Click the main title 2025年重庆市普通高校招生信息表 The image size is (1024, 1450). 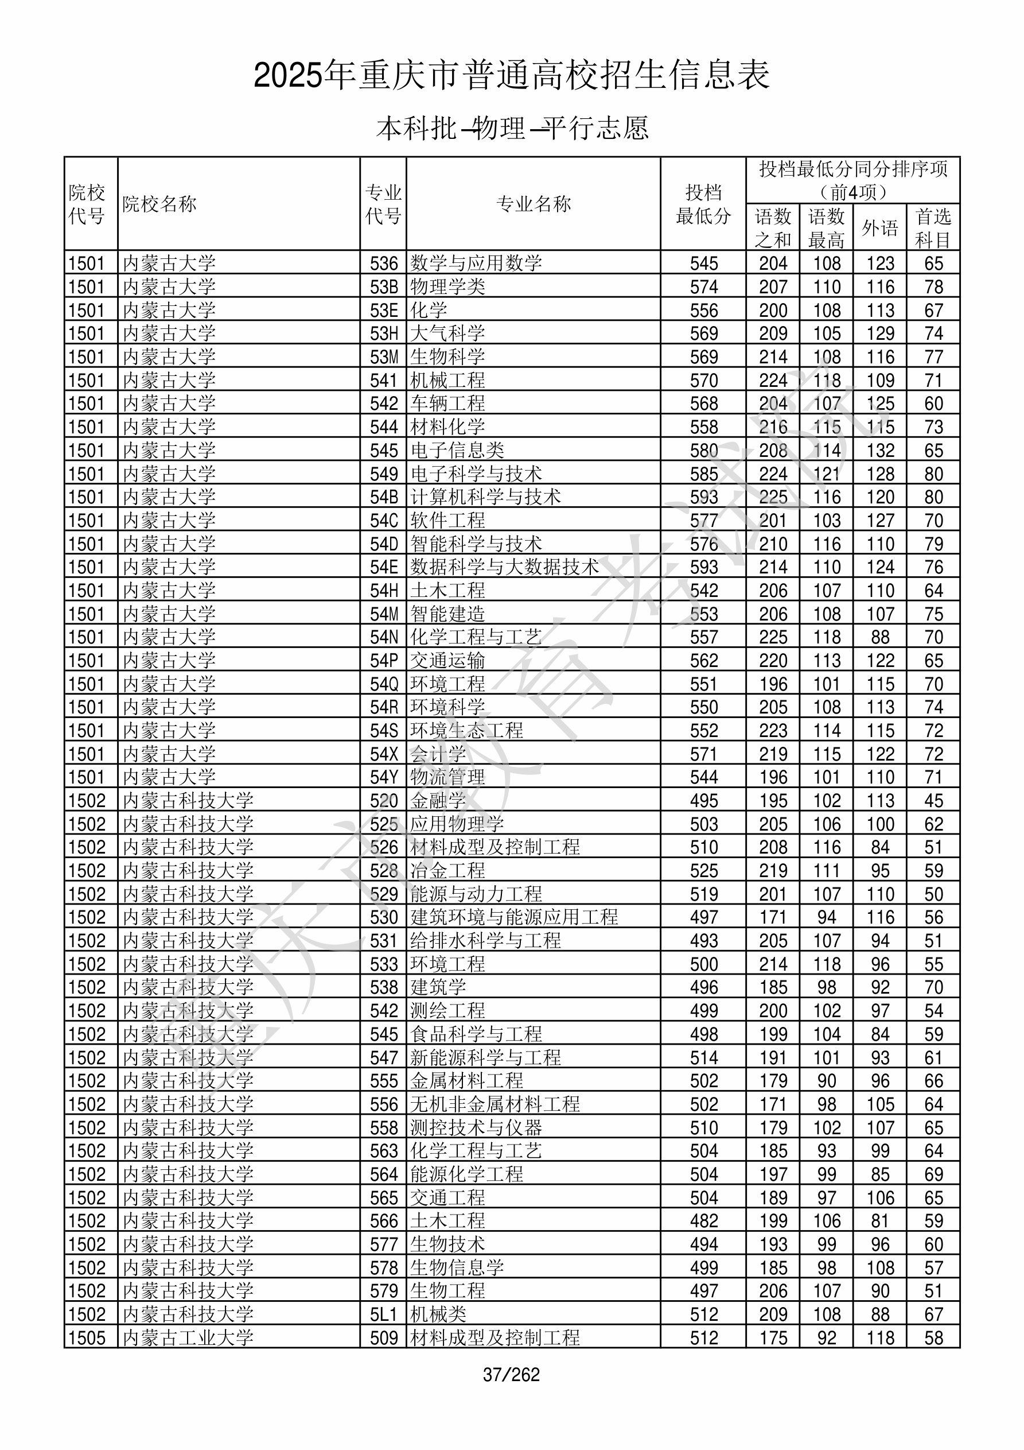click(511, 76)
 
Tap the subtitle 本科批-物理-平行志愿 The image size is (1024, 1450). click(511, 128)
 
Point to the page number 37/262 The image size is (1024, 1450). click(511, 1375)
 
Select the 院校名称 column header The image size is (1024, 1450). click(159, 204)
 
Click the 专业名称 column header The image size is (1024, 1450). click(534, 204)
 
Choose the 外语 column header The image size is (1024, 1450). click(880, 227)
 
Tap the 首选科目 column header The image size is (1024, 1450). click(933, 227)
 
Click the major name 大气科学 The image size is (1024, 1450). click(447, 334)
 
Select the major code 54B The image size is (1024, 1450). click(384, 497)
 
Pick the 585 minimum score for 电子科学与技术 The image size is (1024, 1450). click(704, 474)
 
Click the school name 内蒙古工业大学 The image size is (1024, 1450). click(188, 1337)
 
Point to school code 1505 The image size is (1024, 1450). click(87, 1337)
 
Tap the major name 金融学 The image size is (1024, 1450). click(438, 801)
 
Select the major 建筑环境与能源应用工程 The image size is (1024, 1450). click(514, 917)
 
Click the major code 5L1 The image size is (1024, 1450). click(384, 1314)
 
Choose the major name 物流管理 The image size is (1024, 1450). click(447, 777)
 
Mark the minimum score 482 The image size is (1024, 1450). click(704, 1221)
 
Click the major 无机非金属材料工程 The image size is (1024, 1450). click(495, 1104)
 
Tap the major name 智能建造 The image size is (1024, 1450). click(447, 614)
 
